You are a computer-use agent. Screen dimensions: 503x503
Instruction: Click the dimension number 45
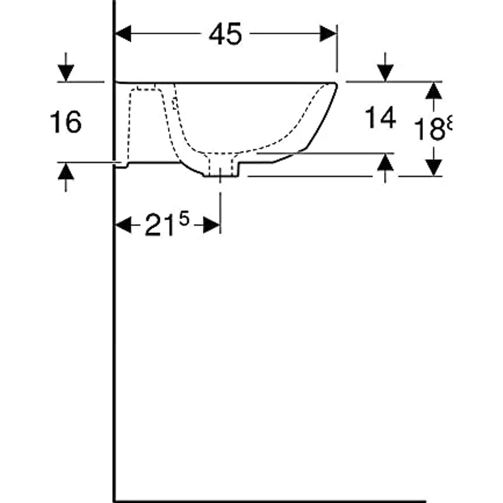pos(225,34)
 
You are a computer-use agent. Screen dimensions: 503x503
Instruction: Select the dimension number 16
pos(66,122)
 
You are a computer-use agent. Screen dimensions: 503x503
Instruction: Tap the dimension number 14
pos(380,118)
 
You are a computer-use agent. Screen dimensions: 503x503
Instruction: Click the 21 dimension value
pos(158,226)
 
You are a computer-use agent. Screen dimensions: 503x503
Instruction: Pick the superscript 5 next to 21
pos(183,219)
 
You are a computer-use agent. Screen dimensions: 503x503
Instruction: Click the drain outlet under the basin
pos(220,170)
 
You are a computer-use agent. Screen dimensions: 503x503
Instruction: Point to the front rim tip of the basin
pos(335,85)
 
